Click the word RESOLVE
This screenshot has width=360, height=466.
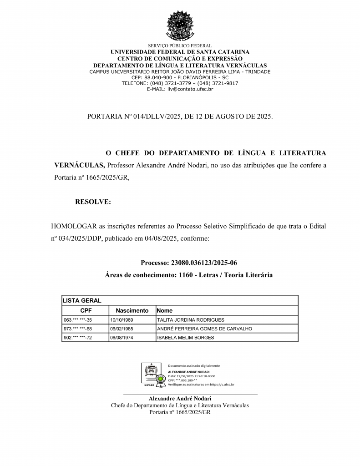click(93, 202)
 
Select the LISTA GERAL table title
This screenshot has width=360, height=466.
click(82, 300)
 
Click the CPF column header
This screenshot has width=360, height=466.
click(86, 310)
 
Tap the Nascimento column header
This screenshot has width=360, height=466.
click(132, 310)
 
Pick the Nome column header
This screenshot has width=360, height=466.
click(165, 310)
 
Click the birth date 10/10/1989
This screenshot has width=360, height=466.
click(122, 320)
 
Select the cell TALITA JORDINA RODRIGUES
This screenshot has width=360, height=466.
click(190, 320)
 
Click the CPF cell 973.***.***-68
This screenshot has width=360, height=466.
click(78, 329)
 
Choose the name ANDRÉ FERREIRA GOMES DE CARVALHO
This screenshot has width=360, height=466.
click(204, 329)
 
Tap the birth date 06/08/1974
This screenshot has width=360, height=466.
click(122, 338)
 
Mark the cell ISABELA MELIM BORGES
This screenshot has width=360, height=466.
click(185, 338)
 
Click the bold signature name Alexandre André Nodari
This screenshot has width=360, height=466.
click(180, 399)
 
